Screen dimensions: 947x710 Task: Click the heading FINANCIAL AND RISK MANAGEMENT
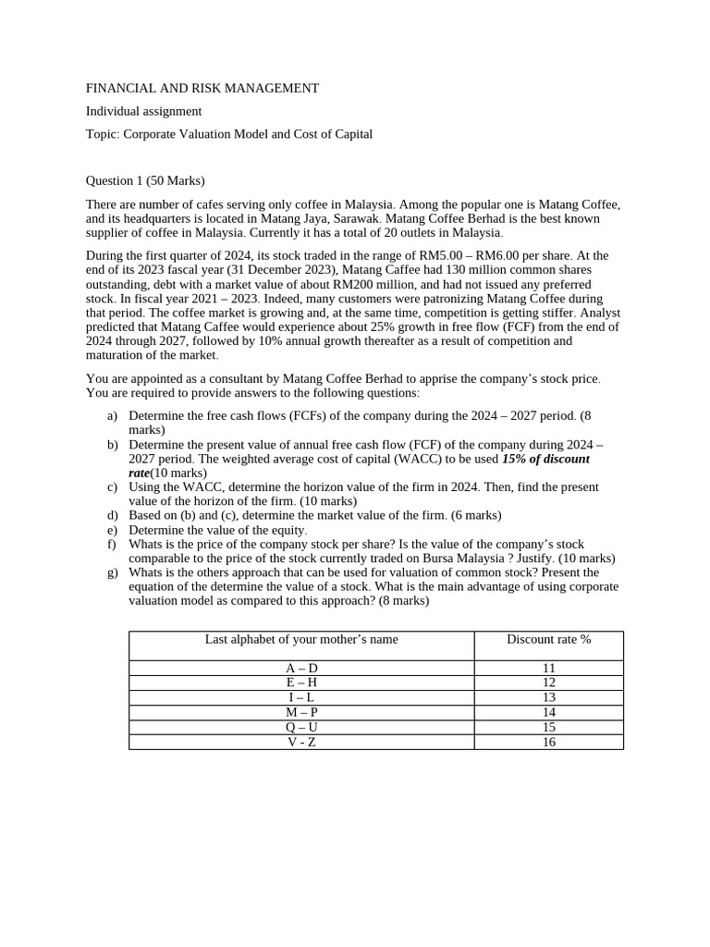(x=202, y=89)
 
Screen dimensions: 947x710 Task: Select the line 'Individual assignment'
(x=143, y=111)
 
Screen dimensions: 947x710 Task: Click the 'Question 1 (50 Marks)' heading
(x=145, y=180)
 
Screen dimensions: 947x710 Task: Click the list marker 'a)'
(x=113, y=416)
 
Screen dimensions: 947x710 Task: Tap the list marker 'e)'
(x=113, y=530)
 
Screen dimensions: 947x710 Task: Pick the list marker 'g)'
(x=113, y=572)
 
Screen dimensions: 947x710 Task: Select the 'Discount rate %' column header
(x=548, y=640)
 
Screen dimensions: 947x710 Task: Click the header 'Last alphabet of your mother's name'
(x=301, y=640)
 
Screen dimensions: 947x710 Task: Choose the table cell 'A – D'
(x=301, y=668)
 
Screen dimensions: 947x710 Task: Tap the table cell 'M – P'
(x=301, y=712)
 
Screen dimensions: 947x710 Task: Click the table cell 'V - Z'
(x=301, y=742)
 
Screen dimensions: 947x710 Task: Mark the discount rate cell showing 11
(x=548, y=668)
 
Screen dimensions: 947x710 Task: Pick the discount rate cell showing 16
(x=548, y=742)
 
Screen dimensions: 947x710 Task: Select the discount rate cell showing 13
(x=548, y=697)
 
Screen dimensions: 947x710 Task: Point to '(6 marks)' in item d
(x=475, y=515)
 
